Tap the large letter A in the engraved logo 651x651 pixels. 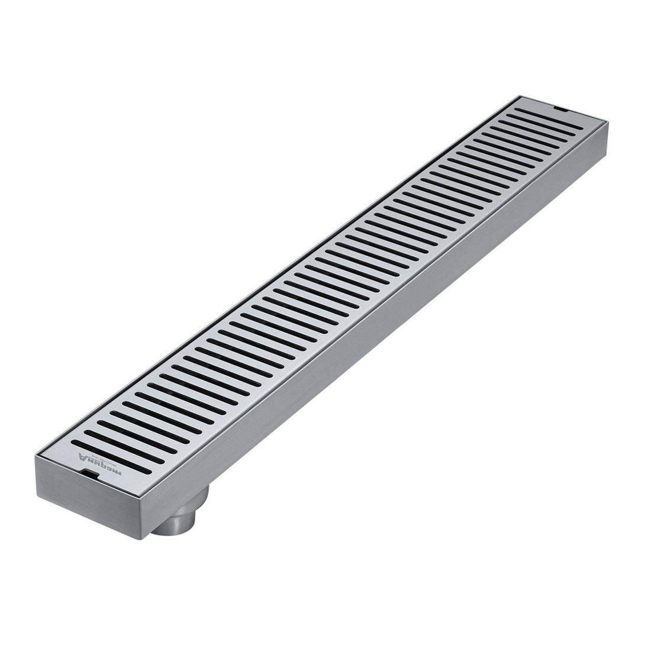click(82, 456)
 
